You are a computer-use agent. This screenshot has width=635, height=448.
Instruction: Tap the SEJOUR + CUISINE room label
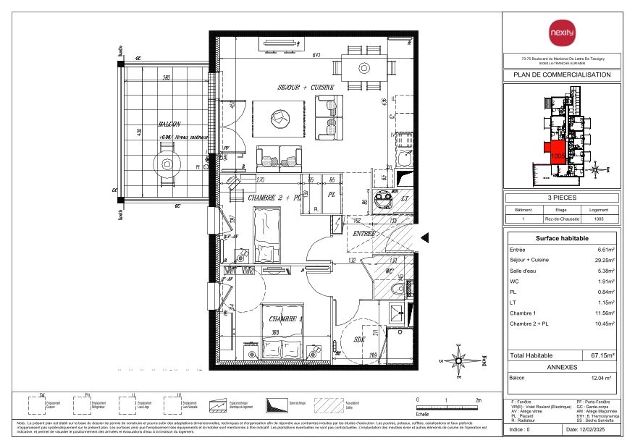click(306, 87)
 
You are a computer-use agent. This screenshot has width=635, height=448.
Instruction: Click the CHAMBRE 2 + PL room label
click(274, 198)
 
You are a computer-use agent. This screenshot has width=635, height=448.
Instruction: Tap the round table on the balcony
click(167, 164)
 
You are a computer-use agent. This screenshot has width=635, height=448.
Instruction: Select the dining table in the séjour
click(361, 69)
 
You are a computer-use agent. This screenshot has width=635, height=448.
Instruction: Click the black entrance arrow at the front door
click(425, 236)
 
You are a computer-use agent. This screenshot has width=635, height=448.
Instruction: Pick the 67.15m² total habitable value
click(602, 355)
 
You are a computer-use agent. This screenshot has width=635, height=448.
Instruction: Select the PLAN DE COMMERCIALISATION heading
click(562, 75)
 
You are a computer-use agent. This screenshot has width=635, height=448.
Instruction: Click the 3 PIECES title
click(562, 198)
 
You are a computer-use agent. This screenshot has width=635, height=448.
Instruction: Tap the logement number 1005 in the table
click(598, 219)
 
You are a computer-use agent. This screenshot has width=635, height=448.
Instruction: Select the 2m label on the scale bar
click(479, 400)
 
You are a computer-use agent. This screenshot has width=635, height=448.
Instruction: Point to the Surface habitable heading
click(562, 238)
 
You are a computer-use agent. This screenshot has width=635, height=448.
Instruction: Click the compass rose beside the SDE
click(458, 359)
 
